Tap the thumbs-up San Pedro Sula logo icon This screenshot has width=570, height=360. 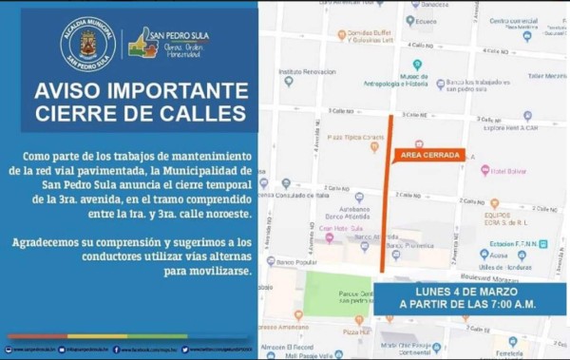(143, 43)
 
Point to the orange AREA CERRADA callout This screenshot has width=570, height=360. (430, 154)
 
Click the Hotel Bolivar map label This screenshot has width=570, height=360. (511, 171)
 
